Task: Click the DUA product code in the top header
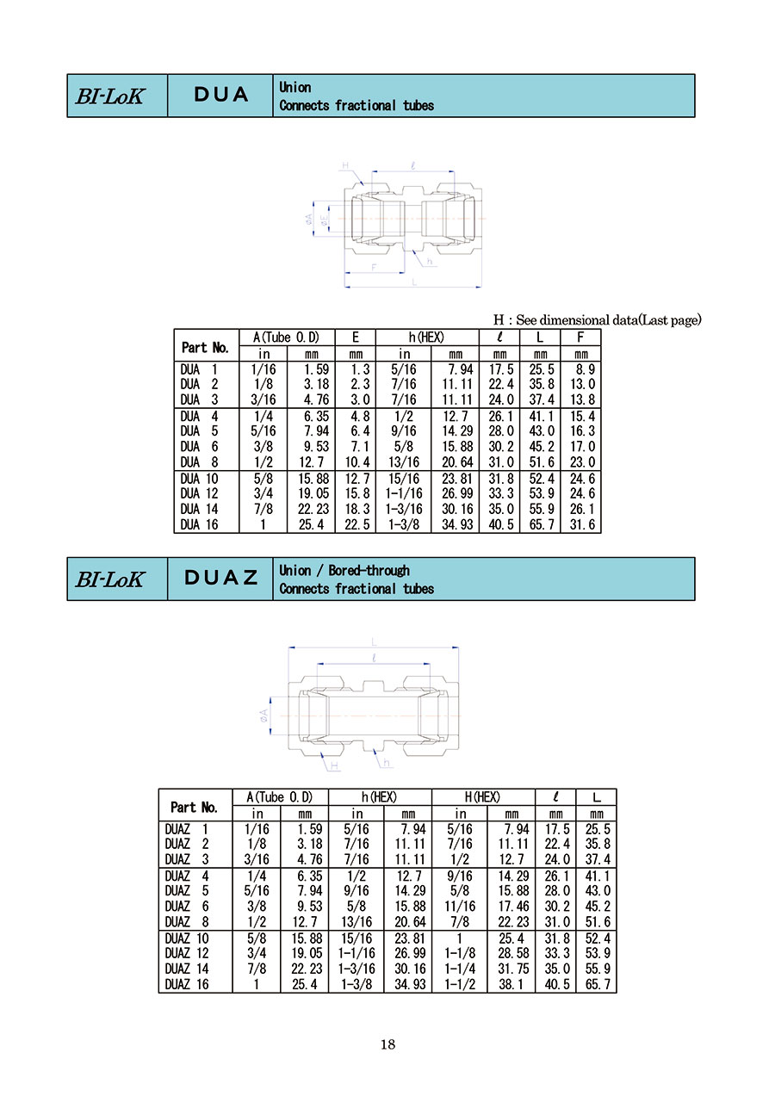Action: point(220,95)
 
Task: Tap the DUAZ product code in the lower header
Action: point(220,578)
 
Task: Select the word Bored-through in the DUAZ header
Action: point(369,571)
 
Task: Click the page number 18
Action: point(387,1044)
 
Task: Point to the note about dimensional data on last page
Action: point(598,320)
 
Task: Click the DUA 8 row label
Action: point(199,461)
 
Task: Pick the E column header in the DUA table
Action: point(356,337)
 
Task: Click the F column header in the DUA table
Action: point(580,337)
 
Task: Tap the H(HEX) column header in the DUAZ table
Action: point(482,797)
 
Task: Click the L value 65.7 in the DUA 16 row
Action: point(541,524)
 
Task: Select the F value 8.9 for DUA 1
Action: point(586,369)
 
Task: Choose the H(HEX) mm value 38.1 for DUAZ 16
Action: point(511,984)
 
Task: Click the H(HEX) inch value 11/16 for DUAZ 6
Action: point(460,906)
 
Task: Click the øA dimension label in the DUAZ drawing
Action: point(264,715)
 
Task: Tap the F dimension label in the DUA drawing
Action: point(374,268)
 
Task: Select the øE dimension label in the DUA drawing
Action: point(324,220)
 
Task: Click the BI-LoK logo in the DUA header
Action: point(109,96)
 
